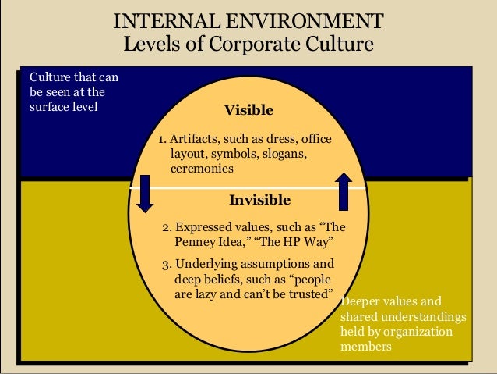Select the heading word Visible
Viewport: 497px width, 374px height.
(248, 109)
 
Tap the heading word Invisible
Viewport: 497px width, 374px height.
(259, 200)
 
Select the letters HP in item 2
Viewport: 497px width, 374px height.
(282, 241)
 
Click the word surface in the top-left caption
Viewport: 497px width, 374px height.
(48, 107)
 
